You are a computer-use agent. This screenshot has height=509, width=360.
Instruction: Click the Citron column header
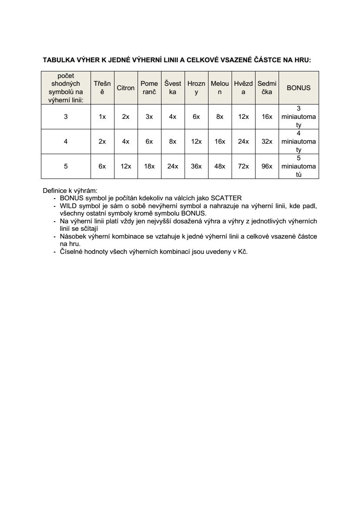tap(125, 88)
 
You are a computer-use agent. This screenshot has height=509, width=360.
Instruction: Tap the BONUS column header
tap(298, 88)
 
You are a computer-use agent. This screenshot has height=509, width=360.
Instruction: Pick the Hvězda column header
tap(243, 88)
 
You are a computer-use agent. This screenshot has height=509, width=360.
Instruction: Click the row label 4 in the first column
tap(66, 142)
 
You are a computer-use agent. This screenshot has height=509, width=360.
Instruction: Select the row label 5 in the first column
tap(66, 166)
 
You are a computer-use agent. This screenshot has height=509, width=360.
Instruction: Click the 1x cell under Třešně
tap(102, 117)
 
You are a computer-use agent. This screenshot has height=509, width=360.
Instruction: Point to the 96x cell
tap(267, 166)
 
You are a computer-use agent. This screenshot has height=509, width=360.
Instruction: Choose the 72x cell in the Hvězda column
tap(243, 166)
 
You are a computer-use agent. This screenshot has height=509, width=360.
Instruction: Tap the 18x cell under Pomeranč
tap(149, 166)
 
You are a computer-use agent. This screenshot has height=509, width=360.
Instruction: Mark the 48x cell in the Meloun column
tap(220, 166)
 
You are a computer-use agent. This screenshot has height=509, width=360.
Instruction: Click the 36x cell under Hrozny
tap(196, 166)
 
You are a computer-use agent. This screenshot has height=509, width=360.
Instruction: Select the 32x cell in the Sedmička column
tap(267, 142)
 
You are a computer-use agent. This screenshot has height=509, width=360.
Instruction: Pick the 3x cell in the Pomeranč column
tap(149, 117)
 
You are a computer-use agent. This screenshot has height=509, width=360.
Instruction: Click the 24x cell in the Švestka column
tap(173, 166)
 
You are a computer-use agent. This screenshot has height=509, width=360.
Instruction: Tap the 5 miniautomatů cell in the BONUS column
tap(298, 166)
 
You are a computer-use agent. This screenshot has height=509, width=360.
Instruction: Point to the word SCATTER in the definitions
tap(226, 197)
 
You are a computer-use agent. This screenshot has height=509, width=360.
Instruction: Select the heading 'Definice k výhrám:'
tap(70, 191)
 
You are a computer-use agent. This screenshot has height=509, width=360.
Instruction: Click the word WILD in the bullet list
tap(68, 205)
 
